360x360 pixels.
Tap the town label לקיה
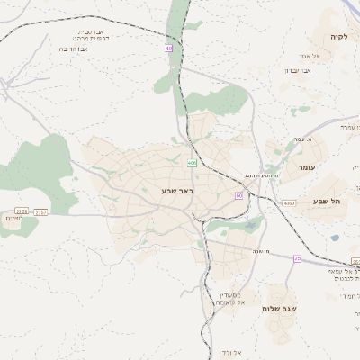click(338, 38)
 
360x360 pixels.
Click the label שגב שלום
click(280, 309)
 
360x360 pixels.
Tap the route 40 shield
click(168, 48)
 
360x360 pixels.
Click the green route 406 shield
click(192, 162)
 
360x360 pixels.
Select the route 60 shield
click(238, 194)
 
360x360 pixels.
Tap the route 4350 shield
click(289, 204)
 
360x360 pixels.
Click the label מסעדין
click(229, 294)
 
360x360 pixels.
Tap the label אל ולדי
click(229, 350)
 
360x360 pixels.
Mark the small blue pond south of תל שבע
click(335, 238)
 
